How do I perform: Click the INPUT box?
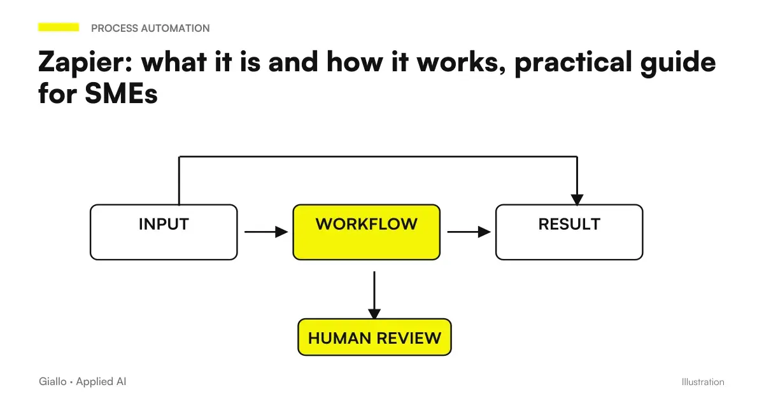pyautogui.click(x=164, y=232)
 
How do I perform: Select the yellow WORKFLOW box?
pyautogui.click(x=366, y=232)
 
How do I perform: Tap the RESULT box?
pyautogui.click(x=569, y=232)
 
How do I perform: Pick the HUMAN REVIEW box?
pyautogui.click(x=374, y=337)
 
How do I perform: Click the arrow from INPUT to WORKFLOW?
pyautogui.click(x=266, y=232)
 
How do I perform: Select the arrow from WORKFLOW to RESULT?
pyautogui.click(x=469, y=232)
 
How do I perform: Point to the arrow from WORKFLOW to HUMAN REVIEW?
pyautogui.click(x=374, y=295)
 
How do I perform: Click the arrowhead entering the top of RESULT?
pyautogui.click(x=577, y=199)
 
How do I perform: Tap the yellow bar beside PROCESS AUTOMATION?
pyautogui.click(x=59, y=27)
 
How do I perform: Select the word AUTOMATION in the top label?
pyautogui.click(x=175, y=28)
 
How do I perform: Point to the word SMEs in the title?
pyautogui.click(x=121, y=93)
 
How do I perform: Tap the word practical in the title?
pyautogui.click(x=574, y=63)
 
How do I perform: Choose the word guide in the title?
pyautogui.click(x=678, y=63)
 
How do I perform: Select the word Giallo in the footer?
pyautogui.click(x=52, y=381)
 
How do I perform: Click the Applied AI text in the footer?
pyautogui.click(x=101, y=381)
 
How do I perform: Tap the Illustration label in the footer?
pyautogui.click(x=703, y=382)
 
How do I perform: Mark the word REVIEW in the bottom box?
pyautogui.click(x=409, y=338)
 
